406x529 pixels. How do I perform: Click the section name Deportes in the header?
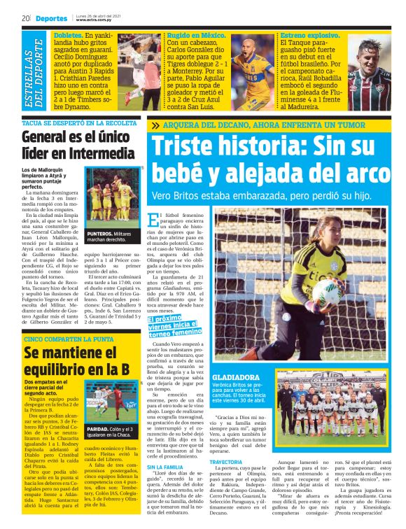[x=52, y=18]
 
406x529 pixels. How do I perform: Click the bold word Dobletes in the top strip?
[x=68, y=34]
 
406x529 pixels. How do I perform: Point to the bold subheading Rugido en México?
[x=192, y=34]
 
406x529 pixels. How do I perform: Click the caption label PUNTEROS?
[x=99, y=233]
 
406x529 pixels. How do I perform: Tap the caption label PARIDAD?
[x=98, y=429]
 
